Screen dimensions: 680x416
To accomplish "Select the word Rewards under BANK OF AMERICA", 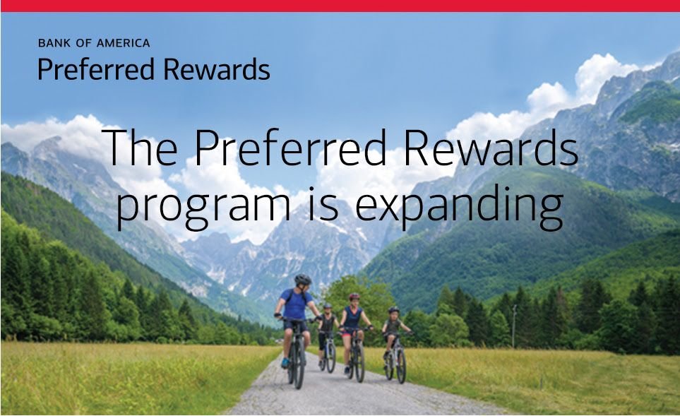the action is [x=217, y=69].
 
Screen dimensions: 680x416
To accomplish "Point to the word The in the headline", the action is [x=141, y=147].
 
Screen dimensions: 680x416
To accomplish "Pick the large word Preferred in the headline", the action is [x=290, y=147].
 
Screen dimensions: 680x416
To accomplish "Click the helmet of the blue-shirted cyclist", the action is [x=303, y=280].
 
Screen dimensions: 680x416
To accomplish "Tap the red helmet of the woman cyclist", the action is [x=354, y=297].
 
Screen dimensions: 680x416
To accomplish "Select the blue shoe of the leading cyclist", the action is [x=285, y=362].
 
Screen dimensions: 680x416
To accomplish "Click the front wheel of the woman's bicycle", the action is [x=359, y=362].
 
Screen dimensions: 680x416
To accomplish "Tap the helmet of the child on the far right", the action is [x=394, y=310].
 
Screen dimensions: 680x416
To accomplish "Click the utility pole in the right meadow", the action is [x=514, y=326].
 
